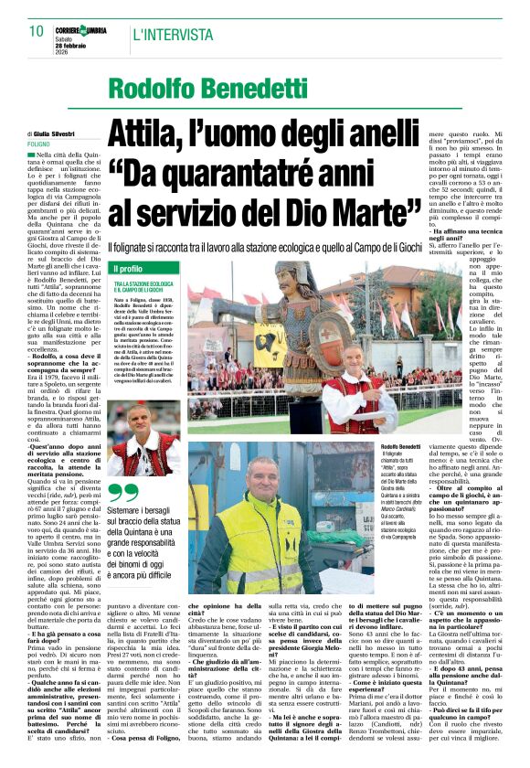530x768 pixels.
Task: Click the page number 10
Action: click(37, 32)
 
